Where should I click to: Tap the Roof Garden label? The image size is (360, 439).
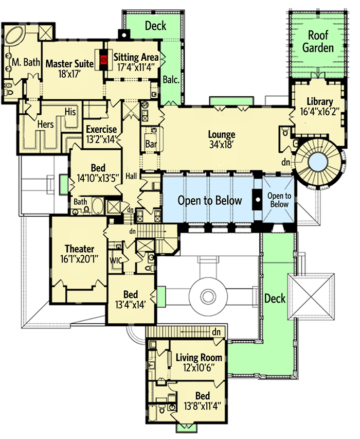[321, 42]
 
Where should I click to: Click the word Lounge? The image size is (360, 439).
[222, 135]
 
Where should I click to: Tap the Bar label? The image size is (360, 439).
[151, 144]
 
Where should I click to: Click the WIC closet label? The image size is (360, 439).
[116, 260]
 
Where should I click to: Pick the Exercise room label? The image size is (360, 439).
[101, 129]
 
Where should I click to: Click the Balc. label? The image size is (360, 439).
[171, 80]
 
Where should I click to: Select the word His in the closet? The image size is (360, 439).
[70, 112]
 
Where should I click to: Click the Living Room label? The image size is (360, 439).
[199, 357]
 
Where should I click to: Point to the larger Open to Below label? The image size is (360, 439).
[210, 200]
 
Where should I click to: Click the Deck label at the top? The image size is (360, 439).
[155, 25]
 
